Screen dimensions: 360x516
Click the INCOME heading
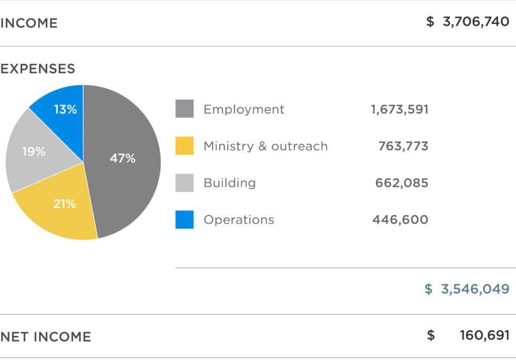click(29, 23)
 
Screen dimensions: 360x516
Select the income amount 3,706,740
click(476, 22)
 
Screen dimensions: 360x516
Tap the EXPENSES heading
click(38, 69)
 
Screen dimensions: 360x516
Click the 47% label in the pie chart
click(122, 158)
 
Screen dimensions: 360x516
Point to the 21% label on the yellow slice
click(64, 204)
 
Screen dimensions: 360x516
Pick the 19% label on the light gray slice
click(34, 152)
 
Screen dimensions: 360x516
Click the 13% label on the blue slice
click(66, 109)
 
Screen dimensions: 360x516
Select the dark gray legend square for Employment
click(184, 109)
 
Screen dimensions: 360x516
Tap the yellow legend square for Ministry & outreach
click(184, 146)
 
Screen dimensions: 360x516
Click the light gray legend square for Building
click(184, 183)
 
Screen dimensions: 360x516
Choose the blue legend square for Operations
click(184, 220)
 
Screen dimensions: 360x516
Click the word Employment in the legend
click(244, 109)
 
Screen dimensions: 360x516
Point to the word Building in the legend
click(230, 183)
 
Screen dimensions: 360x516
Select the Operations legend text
click(239, 220)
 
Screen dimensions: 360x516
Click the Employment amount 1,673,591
click(399, 109)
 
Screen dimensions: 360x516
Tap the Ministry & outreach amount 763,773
click(403, 146)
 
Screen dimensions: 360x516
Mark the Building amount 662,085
click(401, 183)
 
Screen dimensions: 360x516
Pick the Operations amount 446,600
click(400, 220)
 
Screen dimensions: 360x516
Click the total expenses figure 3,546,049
click(475, 289)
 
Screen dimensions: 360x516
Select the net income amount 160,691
click(485, 336)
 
